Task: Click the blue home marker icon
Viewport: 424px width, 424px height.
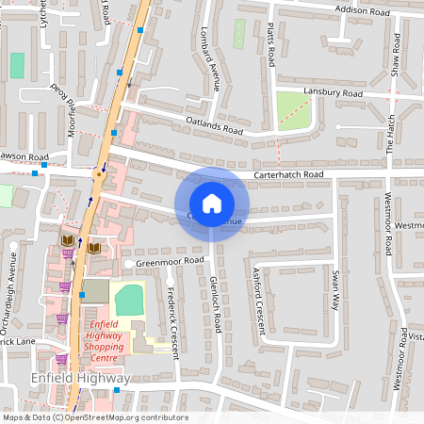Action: (212, 204)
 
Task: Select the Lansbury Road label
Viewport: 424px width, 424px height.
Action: (334, 94)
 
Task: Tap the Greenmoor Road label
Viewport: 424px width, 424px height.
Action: (170, 260)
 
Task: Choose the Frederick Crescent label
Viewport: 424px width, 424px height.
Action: (172, 320)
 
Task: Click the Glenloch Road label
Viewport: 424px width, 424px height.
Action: (217, 304)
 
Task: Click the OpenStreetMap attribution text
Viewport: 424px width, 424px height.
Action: (94, 417)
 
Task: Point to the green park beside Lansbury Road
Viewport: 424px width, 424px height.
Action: (295, 111)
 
